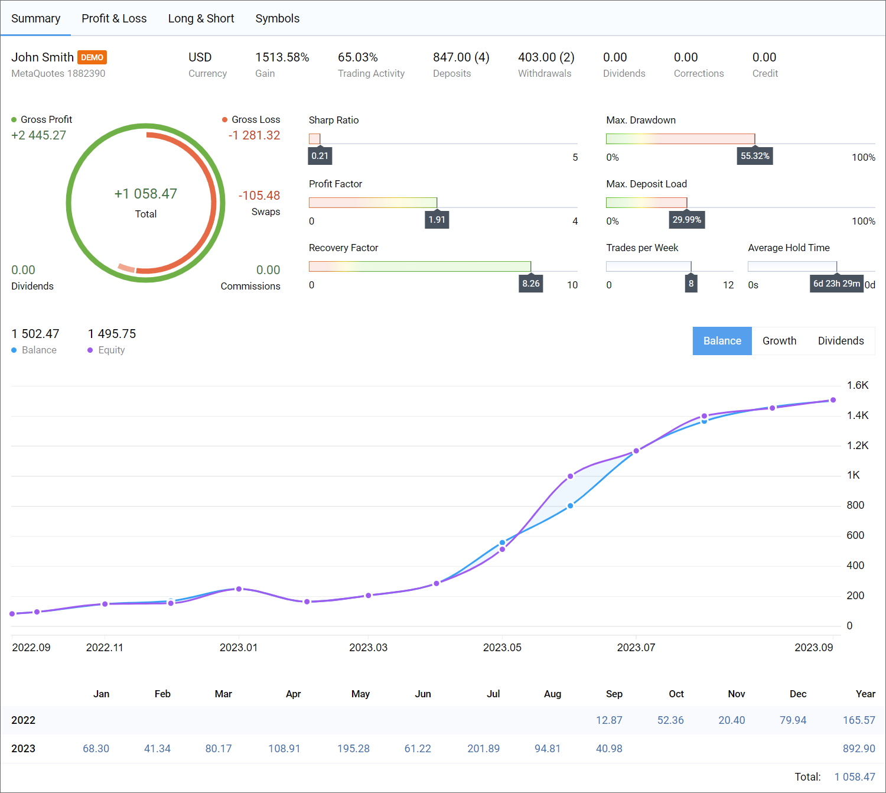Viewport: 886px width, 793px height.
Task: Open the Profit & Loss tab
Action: pyautogui.click(x=114, y=18)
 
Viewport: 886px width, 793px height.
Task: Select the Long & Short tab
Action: pyautogui.click(x=201, y=18)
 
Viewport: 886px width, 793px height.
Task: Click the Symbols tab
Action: pyautogui.click(x=277, y=18)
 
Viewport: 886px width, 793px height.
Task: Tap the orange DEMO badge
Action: pyautogui.click(x=92, y=57)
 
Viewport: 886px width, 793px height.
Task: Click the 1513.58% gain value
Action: pyautogui.click(x=282, y=57)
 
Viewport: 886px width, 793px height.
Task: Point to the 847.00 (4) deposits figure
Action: pyautogui.click(x=461, y=57)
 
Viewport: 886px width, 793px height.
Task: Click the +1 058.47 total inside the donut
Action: pyautogui.click(x=145, y=194)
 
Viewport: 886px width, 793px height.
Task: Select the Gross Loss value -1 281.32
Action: pyautogui.click(x=254, y=135)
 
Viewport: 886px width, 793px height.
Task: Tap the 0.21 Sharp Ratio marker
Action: pyautogui.click(x=320, y=156)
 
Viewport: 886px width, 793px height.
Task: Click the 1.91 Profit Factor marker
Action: pyautogui.click(x=437, y=220)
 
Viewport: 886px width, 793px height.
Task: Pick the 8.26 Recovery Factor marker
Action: pyautogui.click(x=530, y=284)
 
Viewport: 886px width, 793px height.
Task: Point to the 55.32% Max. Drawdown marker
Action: pyautogui.click(x=755, y=156)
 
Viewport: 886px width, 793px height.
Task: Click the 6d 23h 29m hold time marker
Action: pyautogui.click(x=836, y=284)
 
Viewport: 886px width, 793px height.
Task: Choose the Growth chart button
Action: pyautogui.click(x=779, y=341)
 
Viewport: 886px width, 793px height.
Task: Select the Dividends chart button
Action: pyautogui.click(x=841, y=341)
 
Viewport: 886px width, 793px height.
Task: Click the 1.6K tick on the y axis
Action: pyautogui.click(x=857, y=385)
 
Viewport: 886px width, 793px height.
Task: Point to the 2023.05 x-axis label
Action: pyautogui.click(x=502, y=648)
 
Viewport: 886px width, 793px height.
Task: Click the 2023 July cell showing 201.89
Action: pyautogui.click(x=483, y=749)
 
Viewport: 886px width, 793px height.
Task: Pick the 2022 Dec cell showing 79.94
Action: pyautogui.click(x=793, y=720)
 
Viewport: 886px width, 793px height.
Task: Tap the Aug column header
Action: pyautogui.click(x=552, y=694)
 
